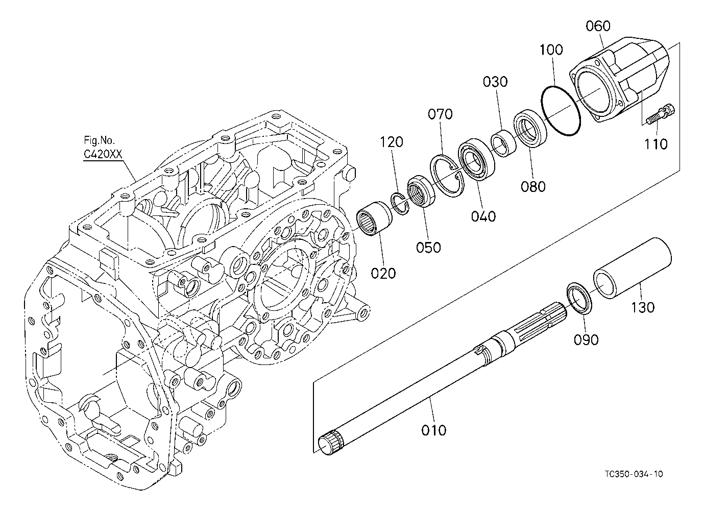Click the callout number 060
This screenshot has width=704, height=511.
598,26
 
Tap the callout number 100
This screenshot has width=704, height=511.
551,50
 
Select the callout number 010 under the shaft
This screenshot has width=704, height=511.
434,430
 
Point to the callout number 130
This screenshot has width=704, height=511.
642,307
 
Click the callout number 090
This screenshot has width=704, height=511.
586,339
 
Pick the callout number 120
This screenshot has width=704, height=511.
392,142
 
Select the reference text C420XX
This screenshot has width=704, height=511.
103,154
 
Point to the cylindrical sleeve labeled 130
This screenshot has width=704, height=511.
632,268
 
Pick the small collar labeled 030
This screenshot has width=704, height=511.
504,143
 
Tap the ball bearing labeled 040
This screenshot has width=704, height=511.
476,159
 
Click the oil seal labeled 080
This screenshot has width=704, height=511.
530,128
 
